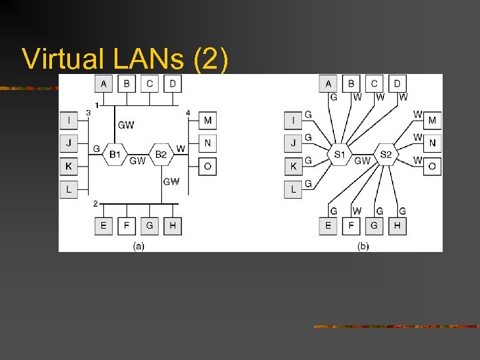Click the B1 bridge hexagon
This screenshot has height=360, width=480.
pos(115,155)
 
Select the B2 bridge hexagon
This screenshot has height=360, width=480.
pos(161,155)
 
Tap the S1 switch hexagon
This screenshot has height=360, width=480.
pos(339,155)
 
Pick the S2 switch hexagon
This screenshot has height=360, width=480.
pos(385,155)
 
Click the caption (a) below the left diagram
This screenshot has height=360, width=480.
pos(138,246)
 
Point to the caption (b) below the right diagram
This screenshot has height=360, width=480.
pos(363,246)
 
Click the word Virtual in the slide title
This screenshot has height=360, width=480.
pos(61,59)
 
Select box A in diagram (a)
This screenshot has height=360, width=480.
pos(103,83)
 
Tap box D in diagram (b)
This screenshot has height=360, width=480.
pos(397,83)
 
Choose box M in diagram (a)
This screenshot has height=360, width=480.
pos(207,121)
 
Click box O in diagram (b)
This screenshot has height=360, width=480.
pos(432,166)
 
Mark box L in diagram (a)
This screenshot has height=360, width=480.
pos(69,189)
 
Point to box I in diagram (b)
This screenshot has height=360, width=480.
pos(293,121)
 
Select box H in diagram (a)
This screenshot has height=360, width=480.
pos(172,226)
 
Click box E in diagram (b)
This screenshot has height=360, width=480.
pos(328,226)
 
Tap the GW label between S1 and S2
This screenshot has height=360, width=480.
pos(362,161)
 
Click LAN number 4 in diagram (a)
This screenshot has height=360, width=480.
pos(188,113)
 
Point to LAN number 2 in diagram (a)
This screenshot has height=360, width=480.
pos(96,203)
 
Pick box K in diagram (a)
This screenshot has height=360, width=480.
pos(69,166)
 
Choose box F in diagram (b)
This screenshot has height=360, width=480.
pos(351,226)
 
